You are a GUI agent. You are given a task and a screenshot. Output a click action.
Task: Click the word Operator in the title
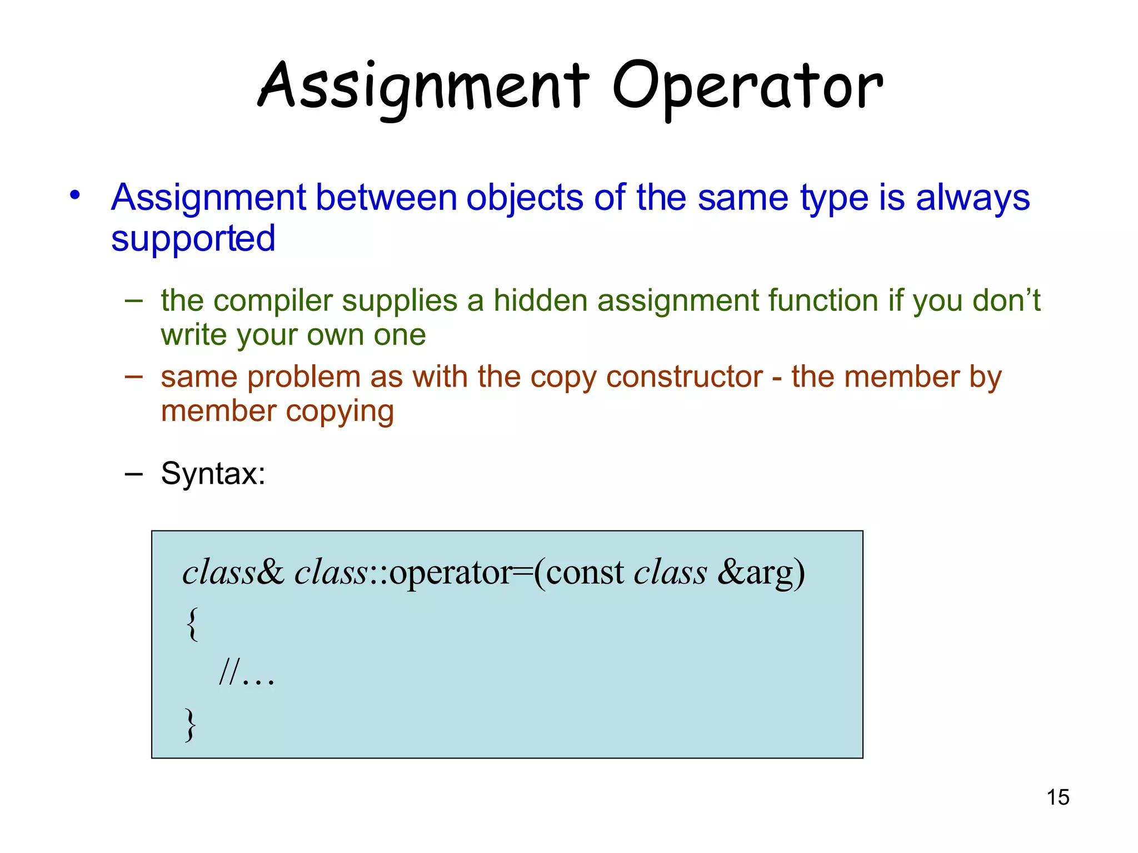coord(747,86)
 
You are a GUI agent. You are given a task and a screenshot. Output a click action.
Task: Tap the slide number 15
coord(1057,797)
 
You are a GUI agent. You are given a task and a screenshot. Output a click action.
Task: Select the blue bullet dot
coord(75,195)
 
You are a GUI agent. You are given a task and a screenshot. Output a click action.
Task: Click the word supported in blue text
coord(193,239)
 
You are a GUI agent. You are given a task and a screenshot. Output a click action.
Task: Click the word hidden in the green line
coord(540,301)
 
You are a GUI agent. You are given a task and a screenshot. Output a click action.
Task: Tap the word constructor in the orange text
coord(684,377)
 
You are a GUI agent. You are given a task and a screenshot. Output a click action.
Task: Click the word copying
coord(340,412)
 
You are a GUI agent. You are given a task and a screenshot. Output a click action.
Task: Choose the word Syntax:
coord(213,474)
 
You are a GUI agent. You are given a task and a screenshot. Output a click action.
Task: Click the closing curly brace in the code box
coord(191,724)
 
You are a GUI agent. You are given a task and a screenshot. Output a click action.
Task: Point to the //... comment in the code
coord(247,674)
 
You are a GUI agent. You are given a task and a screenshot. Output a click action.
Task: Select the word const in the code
coord(585,573)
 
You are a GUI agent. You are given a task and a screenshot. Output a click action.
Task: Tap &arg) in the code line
coord(761,573)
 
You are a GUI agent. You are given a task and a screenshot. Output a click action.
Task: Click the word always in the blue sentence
coord(972,198)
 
